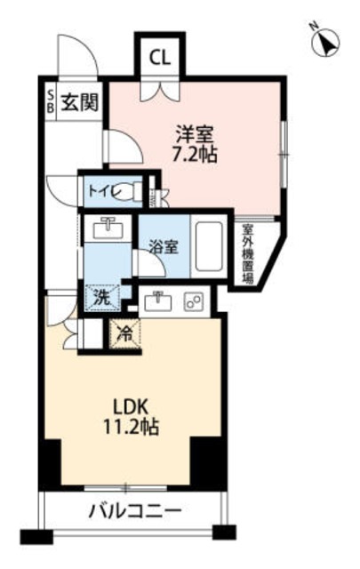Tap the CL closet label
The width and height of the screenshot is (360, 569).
pos(160,59)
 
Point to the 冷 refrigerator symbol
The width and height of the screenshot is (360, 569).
pos(124,333)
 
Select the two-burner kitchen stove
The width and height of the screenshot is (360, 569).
pos(192,302)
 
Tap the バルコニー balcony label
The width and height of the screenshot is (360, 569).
pos(135,512)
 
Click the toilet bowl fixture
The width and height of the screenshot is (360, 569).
pos(132,190)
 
